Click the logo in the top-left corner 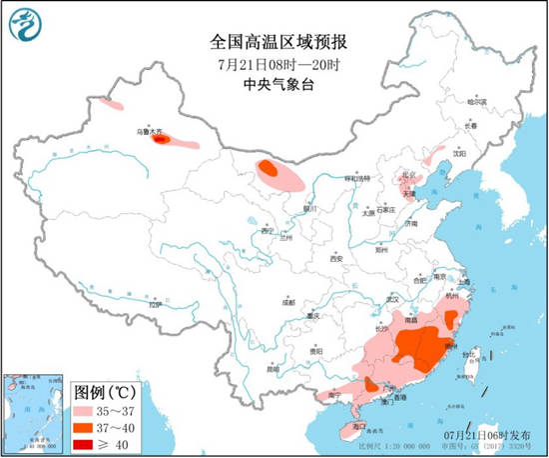point(27,27)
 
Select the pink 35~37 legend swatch point(93,409)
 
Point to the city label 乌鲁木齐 point(148,130)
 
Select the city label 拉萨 point(154,303)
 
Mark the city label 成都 point(288,301)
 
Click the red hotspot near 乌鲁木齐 point(160,141)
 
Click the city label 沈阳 point(459,154)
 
